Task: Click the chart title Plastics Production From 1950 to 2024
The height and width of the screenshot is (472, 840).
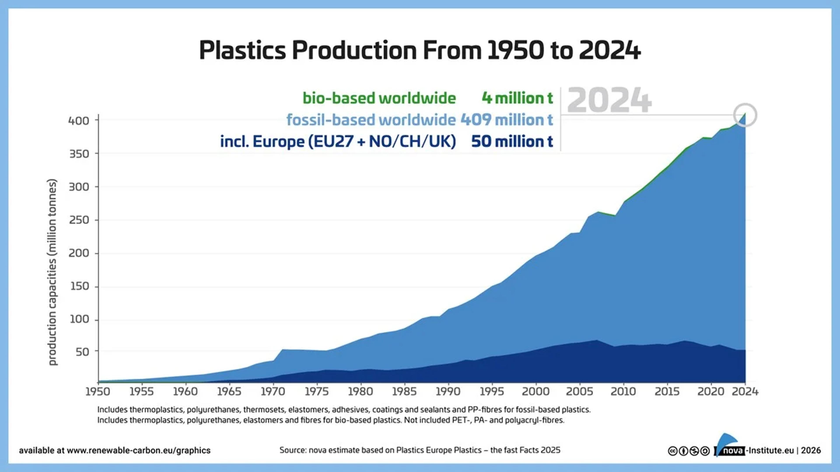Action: click(x=420, y=50)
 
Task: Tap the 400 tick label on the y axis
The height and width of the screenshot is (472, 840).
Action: click(x=79, y=121)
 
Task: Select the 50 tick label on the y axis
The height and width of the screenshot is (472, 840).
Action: click(x=82, y=352)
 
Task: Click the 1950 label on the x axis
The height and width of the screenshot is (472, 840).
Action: click(x=98, y=391)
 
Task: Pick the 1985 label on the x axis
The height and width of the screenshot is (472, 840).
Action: click(x=404, y=391)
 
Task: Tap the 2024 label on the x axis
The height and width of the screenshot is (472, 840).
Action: click(x=745, y=391)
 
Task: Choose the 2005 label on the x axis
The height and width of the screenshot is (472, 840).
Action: click(x=579, y=391)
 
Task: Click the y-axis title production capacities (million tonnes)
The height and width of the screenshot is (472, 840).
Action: click(x=52, y=272)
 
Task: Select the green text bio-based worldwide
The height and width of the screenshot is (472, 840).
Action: click(x=379, y=98)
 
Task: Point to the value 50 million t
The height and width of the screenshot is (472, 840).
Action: click(x=512, y=141)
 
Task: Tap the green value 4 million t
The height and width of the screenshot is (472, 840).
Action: click(x=517, y=98)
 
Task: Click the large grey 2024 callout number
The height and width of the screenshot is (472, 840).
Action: click(x=609, y=100)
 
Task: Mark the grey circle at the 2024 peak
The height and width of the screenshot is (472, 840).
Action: click(x=745, y=115)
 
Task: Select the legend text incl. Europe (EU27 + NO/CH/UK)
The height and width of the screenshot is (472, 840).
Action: click(x=338, y=141)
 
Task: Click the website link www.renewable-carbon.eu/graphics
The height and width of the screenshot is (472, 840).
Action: click(x=139, y=451)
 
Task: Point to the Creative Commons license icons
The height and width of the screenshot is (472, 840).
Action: click(x=689, y=451)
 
